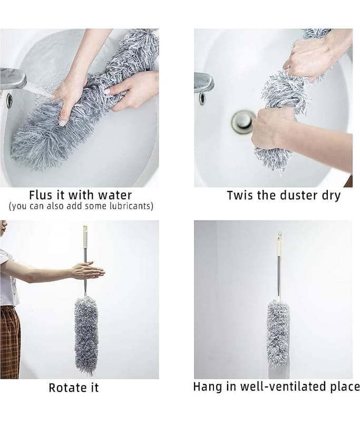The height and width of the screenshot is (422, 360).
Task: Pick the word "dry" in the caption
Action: tap(331, 196)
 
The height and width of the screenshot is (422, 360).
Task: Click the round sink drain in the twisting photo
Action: tap(244, 121)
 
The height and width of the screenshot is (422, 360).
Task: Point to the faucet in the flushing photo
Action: tap(13, 78)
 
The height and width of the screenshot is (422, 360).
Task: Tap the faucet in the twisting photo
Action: tap(204, 83)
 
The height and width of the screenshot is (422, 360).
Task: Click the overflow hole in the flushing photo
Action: tap(9, 100)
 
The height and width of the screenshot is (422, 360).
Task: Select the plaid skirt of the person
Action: tap(10, 342)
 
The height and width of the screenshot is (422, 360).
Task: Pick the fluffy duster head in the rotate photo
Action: tap(86, 336)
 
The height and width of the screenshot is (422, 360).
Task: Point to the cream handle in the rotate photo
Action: tap(85, 237)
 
